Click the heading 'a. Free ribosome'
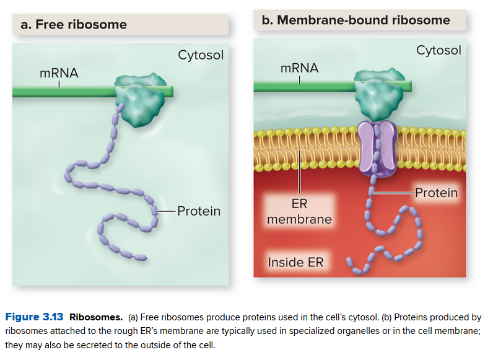(73, 25)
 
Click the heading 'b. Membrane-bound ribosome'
(356, 20)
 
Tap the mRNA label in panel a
(59, 73)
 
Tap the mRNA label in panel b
(299, 68)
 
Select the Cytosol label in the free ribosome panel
(201, 55)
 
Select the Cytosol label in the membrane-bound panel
(438, 50)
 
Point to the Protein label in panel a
(198, 211)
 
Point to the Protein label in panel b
(436, 193)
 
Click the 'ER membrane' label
(299, 211)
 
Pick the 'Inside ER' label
(295, 262)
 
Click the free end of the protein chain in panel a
(142, 257)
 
